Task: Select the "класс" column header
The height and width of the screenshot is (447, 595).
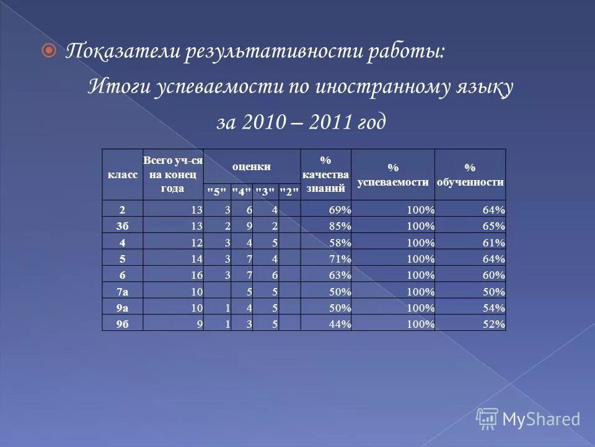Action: pyautogui.click(x=123, y=175)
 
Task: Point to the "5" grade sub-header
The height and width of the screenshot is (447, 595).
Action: pyautogui.click(x=217, y=192)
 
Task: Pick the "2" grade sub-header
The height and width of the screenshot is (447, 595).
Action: pyautogui.click(x=289, y=192)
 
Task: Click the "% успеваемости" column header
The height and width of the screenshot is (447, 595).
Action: pyautogui.click(x=393, y=174)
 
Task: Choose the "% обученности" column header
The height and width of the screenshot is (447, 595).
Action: pyautogui.click(x=470, y=174)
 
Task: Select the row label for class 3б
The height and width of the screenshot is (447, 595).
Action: pyautogui.click(x=122, y=226)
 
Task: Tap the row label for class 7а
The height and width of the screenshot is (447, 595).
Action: pyautogui.click(x=122, y=291)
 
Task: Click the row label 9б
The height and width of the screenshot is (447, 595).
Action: pyautogui.click(x=122, y=323)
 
